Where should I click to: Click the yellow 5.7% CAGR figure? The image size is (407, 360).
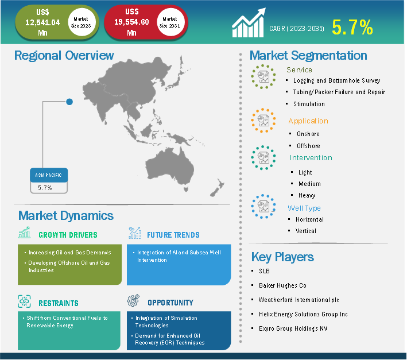click(352, 27)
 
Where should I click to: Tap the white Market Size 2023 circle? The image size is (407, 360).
click(81, 22)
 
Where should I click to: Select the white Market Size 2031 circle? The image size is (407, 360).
click(170, 22)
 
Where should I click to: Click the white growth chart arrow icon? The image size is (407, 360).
click(249, 23)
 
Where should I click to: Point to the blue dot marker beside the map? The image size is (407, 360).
click(69, 102)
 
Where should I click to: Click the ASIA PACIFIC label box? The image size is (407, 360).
click(49, 175)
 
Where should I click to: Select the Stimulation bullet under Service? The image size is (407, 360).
click(309, 104)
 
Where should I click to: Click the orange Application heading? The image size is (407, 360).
click(308, 121)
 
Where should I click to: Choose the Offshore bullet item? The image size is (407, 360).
click(308, 146)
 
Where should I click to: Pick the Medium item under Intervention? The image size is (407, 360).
click(309, 184)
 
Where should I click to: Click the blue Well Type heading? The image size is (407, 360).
click(304, 208)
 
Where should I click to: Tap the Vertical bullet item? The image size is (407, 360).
click(306, 231)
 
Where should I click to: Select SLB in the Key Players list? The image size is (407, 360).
click(264, 271)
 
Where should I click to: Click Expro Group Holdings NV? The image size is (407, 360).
click(293, 328)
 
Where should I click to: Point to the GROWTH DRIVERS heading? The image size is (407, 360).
click(68, 235)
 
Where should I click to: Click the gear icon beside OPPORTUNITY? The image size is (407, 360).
click(133, 300)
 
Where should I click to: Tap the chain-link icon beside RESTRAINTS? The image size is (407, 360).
click(24, 301)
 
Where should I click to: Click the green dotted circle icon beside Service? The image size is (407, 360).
click(263, 76)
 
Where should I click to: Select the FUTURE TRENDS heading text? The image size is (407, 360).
click(173, 235)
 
